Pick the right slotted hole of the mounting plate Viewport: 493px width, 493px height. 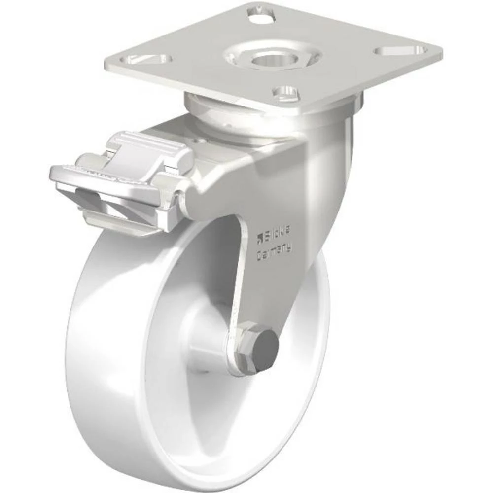point(400,50)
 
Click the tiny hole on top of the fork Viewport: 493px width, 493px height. point(199,141)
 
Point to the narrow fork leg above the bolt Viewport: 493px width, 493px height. point(239,281)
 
